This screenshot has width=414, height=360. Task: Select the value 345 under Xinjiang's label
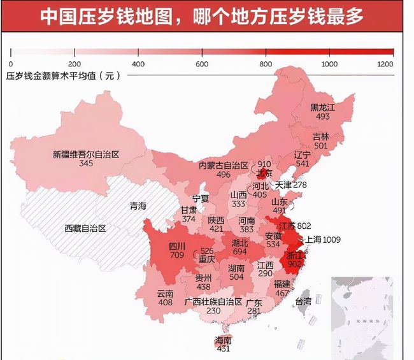coord(85,164)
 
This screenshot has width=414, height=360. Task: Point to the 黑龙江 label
coord(322,107)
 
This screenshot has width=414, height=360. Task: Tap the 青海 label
coord(138,206)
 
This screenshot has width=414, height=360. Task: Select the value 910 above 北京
coord(264,164)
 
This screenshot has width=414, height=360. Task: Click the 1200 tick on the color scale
coord(385,64)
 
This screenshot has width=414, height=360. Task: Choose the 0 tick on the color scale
coord(11,64)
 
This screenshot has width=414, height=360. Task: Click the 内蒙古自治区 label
coord(223,165)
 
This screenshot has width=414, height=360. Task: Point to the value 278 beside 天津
coord(299,185)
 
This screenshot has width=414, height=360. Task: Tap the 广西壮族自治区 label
coord(213,301)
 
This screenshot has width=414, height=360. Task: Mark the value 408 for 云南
coord(164,303)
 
